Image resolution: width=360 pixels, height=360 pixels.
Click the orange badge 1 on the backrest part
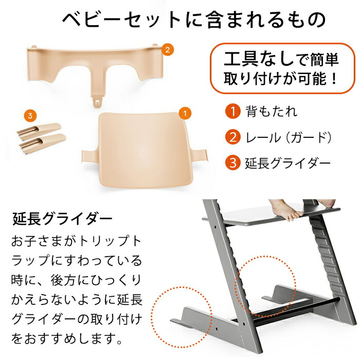(x=184, y=111)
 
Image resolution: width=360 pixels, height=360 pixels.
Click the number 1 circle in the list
(x=233, y=111)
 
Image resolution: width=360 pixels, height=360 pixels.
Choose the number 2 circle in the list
(x=233, y=137)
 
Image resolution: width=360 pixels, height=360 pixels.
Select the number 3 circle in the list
(x=233, y=164)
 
